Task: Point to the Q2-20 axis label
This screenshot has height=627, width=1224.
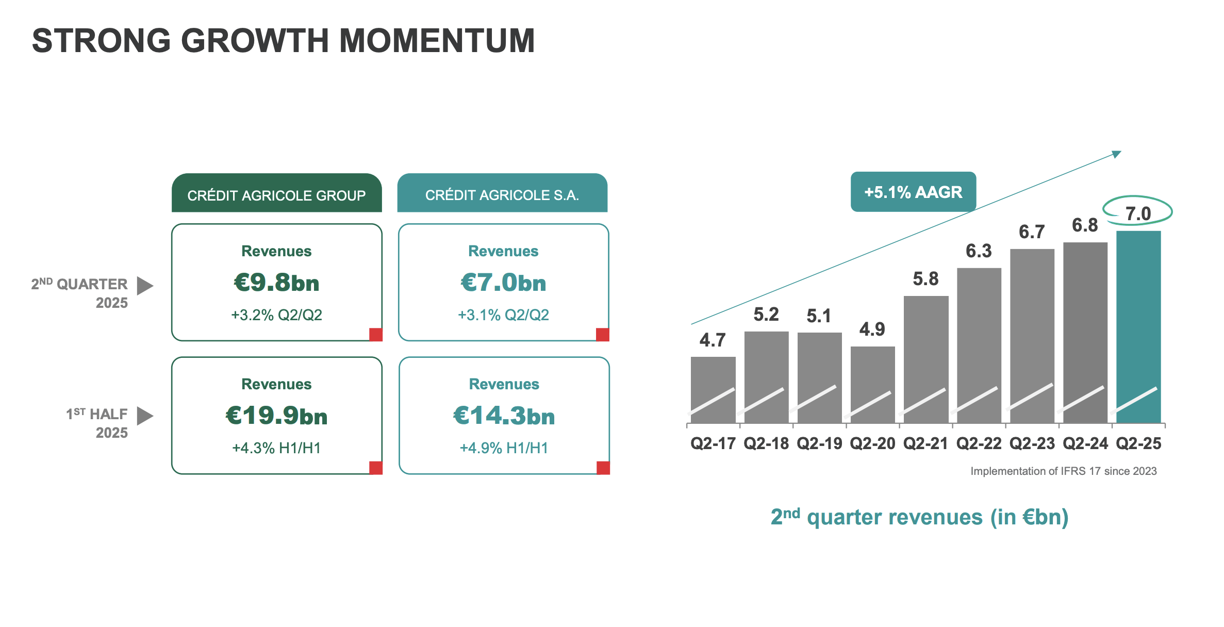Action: [872, 443]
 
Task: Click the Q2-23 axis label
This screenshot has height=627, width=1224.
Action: [1032, 443]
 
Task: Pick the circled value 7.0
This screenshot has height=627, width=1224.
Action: [1138, 213]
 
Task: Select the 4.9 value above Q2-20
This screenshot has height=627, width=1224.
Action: [872, 329]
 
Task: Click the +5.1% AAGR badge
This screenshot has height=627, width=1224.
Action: [913, 192]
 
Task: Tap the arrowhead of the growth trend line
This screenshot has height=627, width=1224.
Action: [1117, 154]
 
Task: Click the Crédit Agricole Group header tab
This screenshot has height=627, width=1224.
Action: [276, 194]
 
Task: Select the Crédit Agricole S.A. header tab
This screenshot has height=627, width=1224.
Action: [502, 194]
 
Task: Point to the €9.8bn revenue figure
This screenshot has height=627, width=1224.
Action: [276, 283]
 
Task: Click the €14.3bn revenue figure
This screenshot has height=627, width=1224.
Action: [504, 416]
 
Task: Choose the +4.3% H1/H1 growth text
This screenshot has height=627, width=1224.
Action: [276, 448]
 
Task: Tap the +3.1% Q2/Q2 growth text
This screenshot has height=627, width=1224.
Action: [503, 315]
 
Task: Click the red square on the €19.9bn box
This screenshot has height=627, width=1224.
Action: [376, 468]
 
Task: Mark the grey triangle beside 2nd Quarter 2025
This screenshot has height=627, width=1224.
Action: [144, 286]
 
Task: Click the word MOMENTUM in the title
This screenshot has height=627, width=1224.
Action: [437, 41]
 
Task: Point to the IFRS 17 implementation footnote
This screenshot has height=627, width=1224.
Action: [1063, 471]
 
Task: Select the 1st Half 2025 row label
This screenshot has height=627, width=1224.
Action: [97, 423]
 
